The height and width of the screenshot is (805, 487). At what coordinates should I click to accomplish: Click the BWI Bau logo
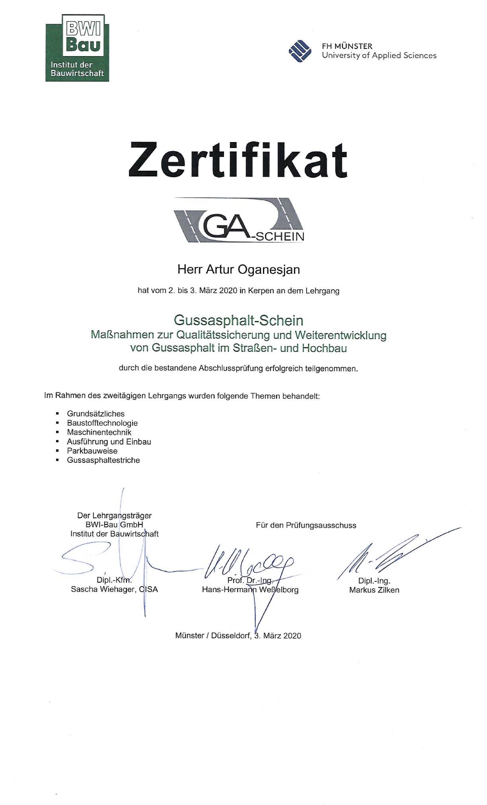pos(77,47)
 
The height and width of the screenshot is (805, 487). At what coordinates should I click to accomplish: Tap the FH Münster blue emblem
pos(300,51)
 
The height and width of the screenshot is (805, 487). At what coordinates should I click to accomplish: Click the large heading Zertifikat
pos(238,160)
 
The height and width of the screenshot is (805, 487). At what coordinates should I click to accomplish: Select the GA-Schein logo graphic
pos(239,220)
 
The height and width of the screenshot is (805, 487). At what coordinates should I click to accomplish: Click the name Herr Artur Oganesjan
pos(238,269)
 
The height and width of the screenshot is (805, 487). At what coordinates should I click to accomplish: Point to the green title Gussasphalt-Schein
pos(238,320)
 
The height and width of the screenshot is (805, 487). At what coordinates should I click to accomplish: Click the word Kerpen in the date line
pos(261,291)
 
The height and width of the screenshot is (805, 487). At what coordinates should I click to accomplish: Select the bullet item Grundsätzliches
pos(95,414)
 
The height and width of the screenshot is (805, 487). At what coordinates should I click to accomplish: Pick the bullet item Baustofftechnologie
pos(102,423)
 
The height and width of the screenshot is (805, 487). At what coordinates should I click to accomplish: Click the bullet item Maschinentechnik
pos(99,432)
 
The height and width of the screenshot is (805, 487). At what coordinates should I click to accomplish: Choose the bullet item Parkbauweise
pos(92,451)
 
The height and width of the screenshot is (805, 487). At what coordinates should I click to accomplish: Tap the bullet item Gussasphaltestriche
pos(103,460)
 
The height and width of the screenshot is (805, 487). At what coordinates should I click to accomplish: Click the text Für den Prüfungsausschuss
pos(306,525)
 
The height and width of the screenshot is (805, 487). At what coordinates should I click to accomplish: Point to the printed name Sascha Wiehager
pos(103,589)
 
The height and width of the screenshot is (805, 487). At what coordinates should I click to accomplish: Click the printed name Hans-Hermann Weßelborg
pos(250,590)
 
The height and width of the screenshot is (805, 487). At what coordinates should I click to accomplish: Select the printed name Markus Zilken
pos(374,590)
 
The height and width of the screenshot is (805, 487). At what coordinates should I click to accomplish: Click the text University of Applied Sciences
pos(379,56)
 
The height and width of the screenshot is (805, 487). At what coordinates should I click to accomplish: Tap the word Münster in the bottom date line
pos(189,636)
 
